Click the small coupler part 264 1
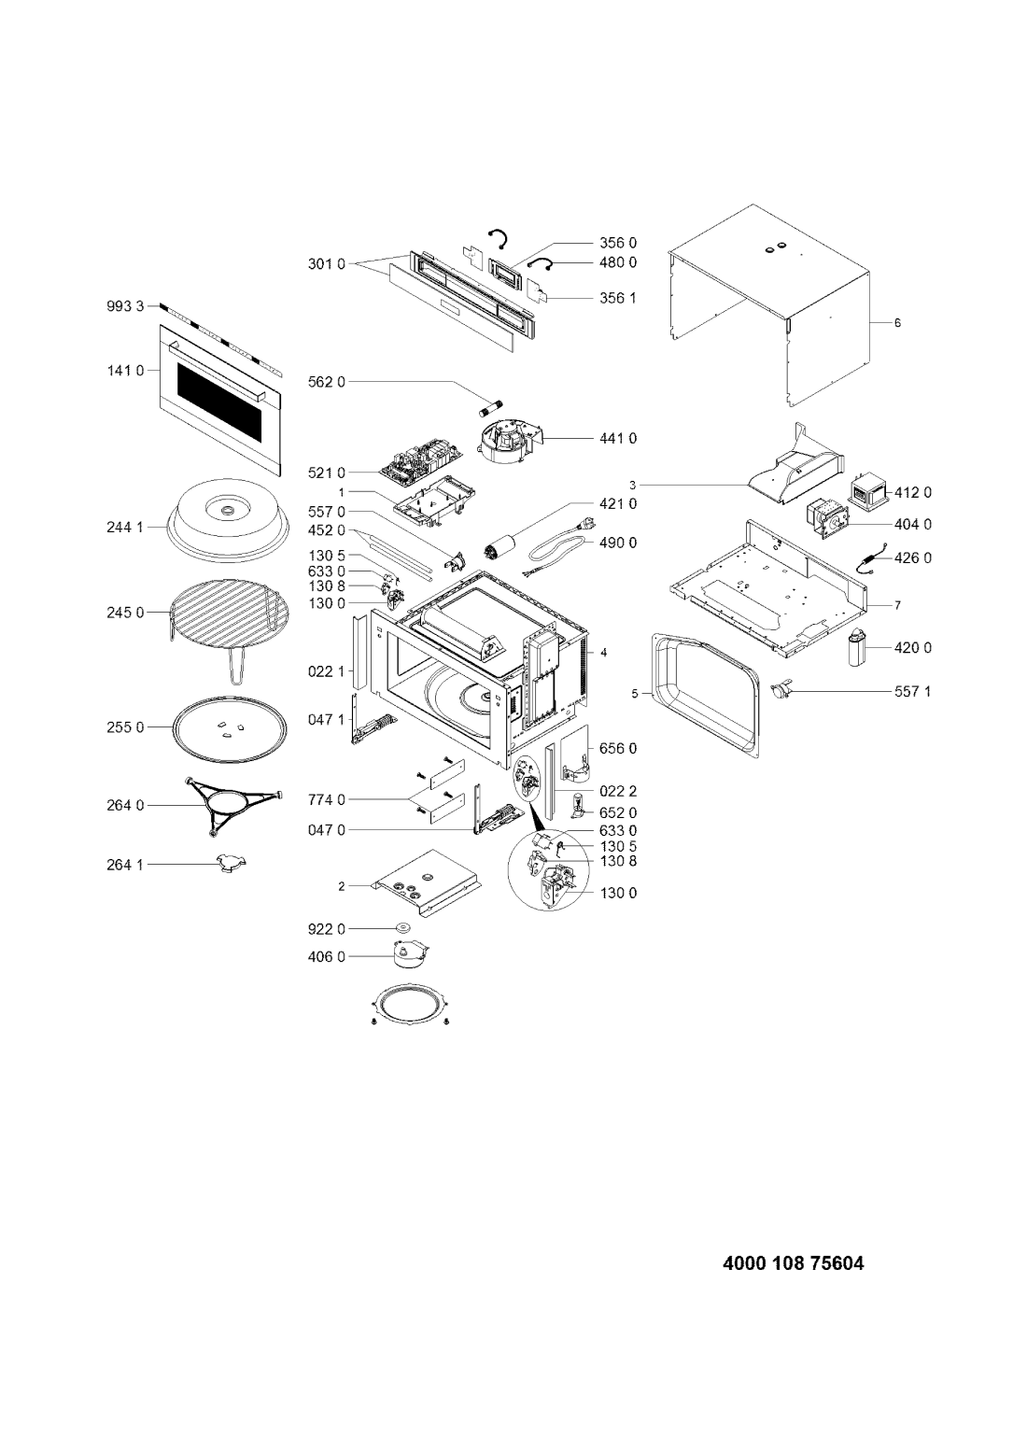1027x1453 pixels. click(225, 865)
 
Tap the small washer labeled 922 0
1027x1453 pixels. click(404, 928)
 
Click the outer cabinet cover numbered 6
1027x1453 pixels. click(770, 308)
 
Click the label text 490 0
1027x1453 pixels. click(619, 542)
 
